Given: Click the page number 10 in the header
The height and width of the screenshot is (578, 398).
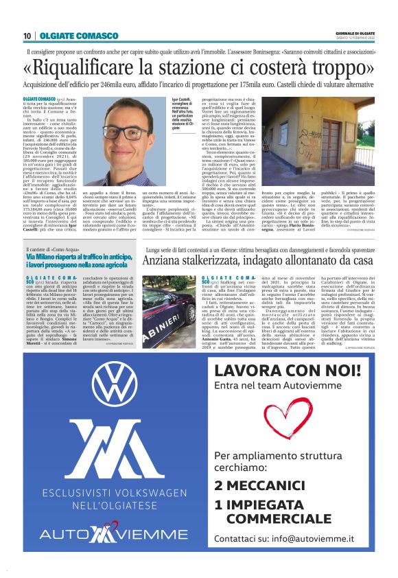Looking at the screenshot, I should pos(27,35).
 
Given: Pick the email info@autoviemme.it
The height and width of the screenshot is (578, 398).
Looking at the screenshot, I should pos(319,539).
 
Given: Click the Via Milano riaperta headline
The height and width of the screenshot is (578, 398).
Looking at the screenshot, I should pos(82,262).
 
